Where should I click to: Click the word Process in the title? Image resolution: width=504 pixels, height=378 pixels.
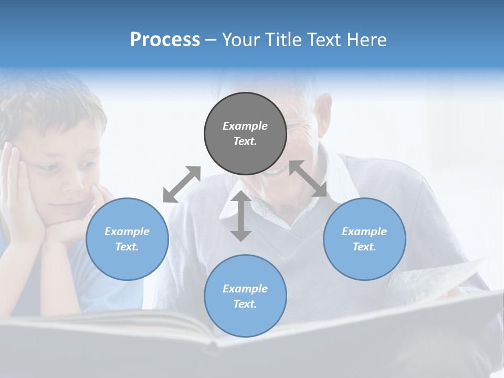coord(165,40)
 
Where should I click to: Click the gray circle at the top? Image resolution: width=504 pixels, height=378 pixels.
coord(245,133)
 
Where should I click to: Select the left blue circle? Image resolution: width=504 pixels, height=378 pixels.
coord(127,239)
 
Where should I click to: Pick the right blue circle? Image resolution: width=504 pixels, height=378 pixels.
coord(364,239)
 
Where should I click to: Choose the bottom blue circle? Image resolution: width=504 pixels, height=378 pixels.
coord(245,296)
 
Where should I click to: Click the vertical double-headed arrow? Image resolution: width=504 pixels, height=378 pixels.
coord(241,216)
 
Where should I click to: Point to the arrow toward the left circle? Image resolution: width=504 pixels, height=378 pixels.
coord(182,184)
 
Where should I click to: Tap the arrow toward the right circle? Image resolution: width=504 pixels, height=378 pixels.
coord(308,178)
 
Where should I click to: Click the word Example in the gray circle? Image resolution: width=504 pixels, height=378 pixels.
coord(245,126)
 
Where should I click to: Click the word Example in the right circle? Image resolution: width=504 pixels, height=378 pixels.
coord(364,232)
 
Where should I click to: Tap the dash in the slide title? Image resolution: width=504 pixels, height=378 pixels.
coord(211,40)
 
